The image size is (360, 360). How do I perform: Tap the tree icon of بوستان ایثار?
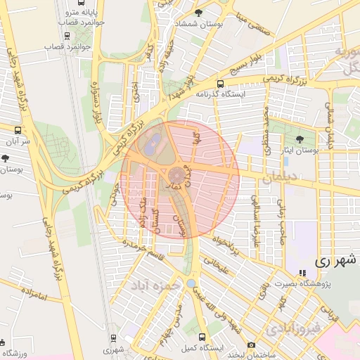pyautogui.click(x=301, y=139)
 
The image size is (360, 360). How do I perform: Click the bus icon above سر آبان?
pyautogui.click(x=18, y=130)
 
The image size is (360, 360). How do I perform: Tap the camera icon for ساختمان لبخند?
pyautogui.click(x=251, y=345)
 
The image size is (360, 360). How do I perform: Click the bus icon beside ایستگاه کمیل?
pyautogui.click(x=203, y=337)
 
